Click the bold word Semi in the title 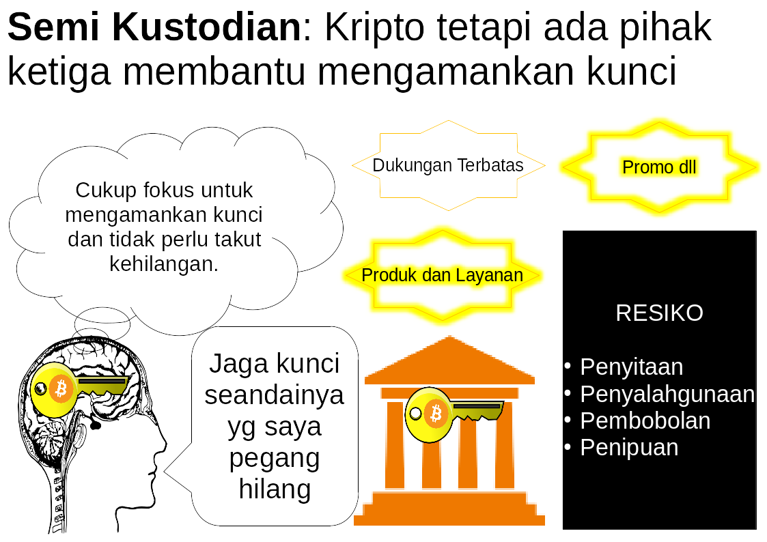(54, 28)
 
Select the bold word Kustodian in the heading (207, 28)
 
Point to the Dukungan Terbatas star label (448, 165)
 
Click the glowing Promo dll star (659, 167)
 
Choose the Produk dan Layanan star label (442, 275)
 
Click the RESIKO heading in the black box (659, 313)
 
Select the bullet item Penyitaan (632, 367)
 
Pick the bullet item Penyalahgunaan (667, 395)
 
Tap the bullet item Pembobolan (645, 420)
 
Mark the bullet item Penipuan (629, 448)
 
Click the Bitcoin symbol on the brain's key (61, 389)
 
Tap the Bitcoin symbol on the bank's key (435, 414)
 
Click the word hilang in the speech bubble (275, 489)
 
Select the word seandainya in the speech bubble (275, 395)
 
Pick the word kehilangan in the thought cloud (164, 264)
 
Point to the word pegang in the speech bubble (275, 459)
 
